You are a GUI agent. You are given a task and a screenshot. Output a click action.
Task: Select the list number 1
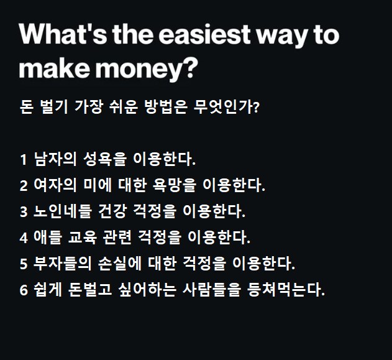(x=23, y=160)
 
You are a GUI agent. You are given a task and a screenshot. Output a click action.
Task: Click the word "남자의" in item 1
(x=56, y=159)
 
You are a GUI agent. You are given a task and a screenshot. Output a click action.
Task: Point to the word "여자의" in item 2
(x=56, y=185)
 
